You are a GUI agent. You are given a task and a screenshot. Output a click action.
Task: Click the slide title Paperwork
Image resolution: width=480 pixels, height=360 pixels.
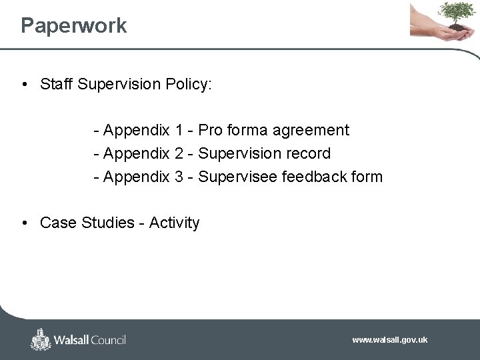coord(73,26)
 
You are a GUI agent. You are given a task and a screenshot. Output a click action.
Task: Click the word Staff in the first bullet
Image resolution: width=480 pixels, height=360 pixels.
coord(57,84)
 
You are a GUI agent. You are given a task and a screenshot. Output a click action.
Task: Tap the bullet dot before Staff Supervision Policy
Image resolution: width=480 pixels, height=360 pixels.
coord(24,85)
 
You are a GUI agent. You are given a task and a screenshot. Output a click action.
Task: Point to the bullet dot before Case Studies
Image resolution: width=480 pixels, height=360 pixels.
coord(24,223)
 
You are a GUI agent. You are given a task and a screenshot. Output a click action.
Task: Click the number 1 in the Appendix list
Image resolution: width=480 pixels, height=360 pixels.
coord(179,130)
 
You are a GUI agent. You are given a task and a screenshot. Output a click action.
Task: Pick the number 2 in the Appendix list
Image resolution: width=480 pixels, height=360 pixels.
coord(179,153)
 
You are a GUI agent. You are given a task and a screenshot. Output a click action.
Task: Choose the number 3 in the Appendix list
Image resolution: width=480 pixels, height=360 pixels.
coord(179,177)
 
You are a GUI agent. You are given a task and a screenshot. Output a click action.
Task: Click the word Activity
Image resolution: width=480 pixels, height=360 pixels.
coord(174,223)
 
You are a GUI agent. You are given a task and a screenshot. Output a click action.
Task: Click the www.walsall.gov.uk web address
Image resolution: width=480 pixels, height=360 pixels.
coord(389,340)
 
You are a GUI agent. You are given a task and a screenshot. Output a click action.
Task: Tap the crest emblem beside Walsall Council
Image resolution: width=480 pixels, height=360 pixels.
coord(41,339)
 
